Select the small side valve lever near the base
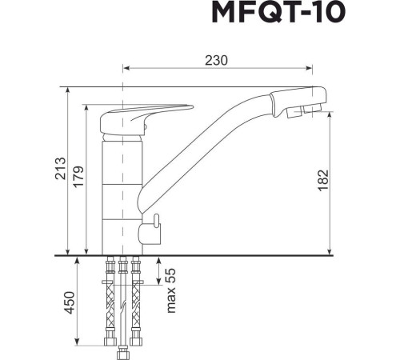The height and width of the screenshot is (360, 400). click(150, 231)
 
